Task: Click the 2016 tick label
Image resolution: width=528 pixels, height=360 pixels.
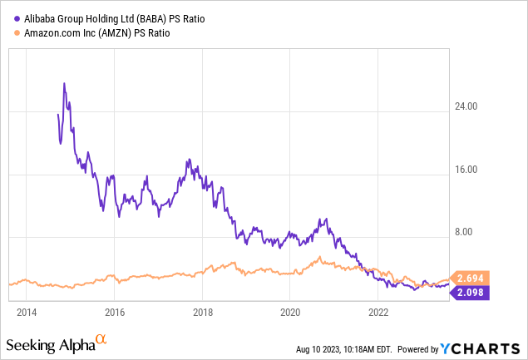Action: tap(115, 313)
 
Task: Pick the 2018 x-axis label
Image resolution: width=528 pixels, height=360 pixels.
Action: tap(202, 313)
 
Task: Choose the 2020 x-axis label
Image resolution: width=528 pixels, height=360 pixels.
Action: tap(290, 313)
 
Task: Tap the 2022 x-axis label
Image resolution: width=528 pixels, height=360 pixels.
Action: tap(378, 313)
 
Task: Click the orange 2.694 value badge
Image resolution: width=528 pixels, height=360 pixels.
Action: tap(466, 278)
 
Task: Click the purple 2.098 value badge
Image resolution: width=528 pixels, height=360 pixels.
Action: tap(466, 292)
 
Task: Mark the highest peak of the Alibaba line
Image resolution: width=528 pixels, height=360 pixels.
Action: tap(64, 83)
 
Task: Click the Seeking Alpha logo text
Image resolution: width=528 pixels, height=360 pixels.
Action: tap(50, 344)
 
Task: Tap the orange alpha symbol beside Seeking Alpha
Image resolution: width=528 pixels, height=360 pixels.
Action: tap(101, 340)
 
